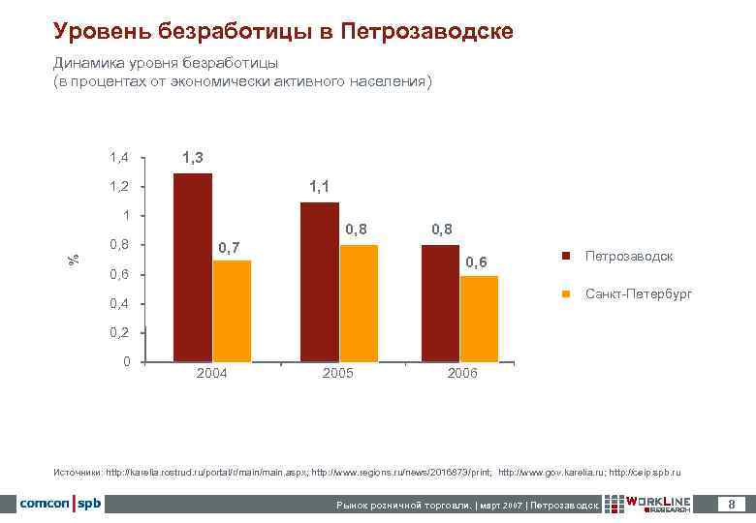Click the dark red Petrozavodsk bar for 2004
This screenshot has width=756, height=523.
point(192,267)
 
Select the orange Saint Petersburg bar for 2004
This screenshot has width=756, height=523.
point(232,311)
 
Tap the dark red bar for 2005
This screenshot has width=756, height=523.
point(320,282)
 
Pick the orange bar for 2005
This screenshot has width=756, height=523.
point(359,303)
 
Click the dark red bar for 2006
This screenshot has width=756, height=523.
point(440,303)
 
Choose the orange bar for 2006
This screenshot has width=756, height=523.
point(479,319)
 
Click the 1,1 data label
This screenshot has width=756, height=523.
point(320,186)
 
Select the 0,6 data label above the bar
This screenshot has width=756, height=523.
point(478,262)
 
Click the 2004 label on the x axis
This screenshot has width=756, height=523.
point(211,374)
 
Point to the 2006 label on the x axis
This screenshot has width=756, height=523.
point(462,374)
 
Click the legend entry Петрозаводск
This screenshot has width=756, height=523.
point(628,257)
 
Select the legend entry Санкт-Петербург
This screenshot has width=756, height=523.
point(638,293)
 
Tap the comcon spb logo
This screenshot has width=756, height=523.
point(60,504)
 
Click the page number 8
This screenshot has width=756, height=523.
point(731,504)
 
